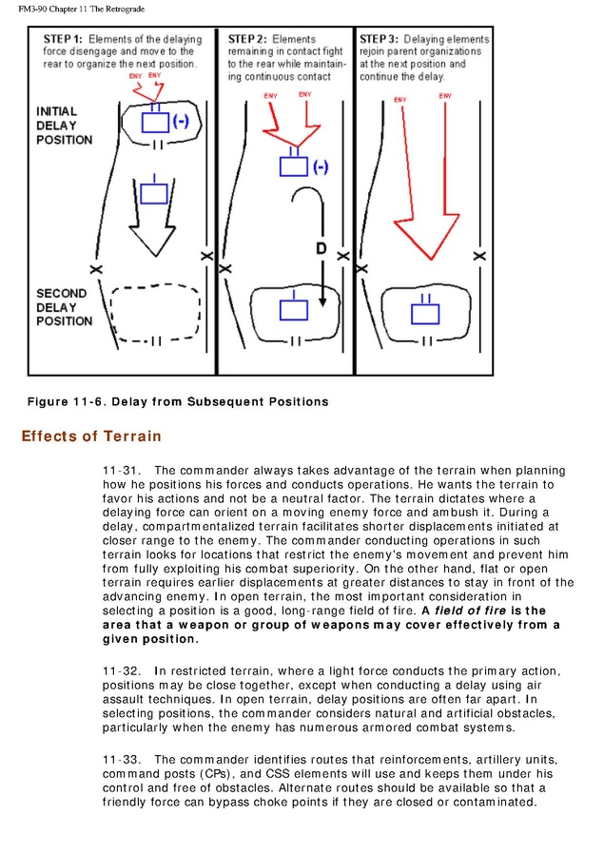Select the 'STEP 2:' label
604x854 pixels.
(247, 39)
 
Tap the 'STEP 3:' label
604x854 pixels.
(379, 39)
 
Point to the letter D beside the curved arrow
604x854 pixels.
(321, 249)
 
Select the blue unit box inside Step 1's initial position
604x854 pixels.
(155, 121)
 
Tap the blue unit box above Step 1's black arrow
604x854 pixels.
(153, 194)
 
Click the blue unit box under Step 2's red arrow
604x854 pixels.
(293, 165)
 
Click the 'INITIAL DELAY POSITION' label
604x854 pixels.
(64, 126)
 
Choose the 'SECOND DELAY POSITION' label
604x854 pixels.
(64, 307)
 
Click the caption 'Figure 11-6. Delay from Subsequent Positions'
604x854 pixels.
(178, 401)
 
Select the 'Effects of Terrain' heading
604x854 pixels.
(91, 437)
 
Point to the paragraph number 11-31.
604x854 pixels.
(121, 471)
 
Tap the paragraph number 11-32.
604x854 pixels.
(121, 671)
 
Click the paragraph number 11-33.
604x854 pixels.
(121, 760)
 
